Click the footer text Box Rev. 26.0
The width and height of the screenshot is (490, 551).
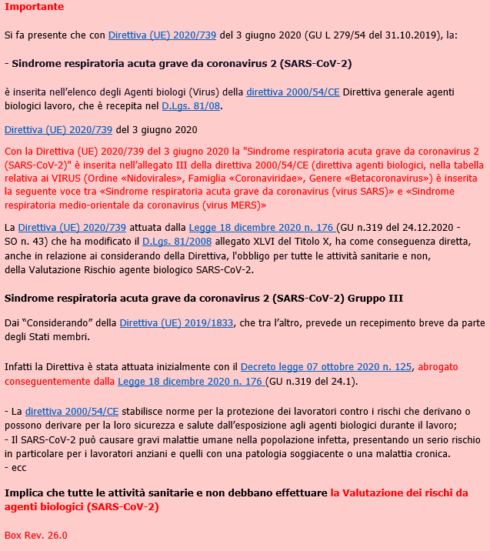click(x=36, y=535)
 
